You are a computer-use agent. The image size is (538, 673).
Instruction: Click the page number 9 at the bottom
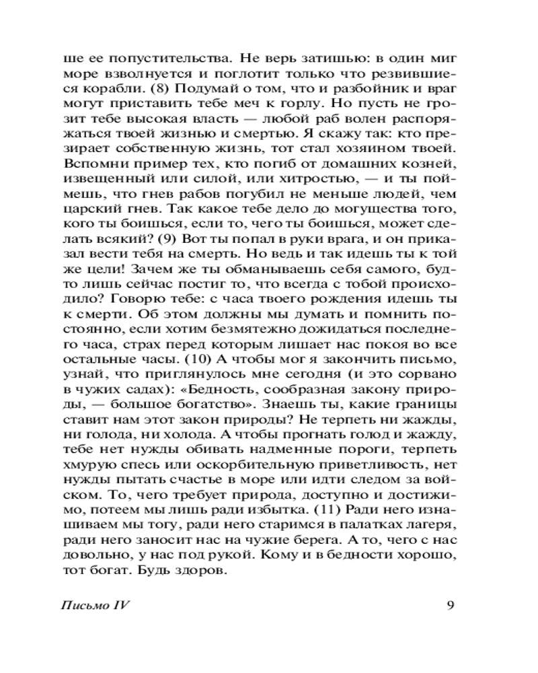(451, 604)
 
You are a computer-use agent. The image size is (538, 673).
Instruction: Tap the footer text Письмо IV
(95, 604)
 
